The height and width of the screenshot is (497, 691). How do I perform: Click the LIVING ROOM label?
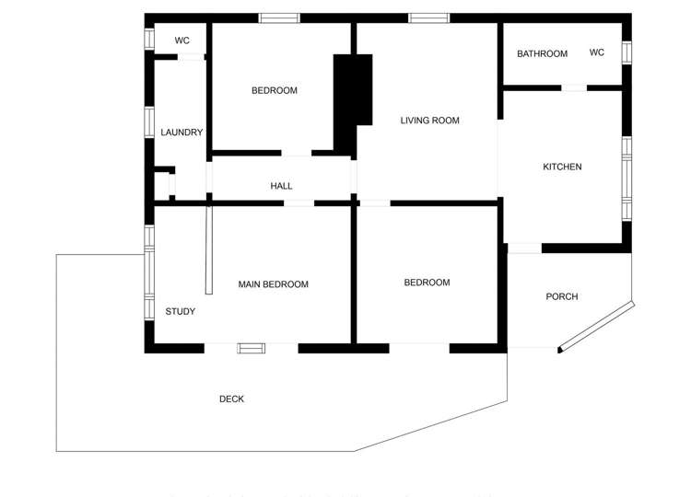pos(429,121)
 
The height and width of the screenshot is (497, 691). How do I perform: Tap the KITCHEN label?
pos(562,167)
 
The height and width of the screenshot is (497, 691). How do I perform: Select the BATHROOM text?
pos(542,53)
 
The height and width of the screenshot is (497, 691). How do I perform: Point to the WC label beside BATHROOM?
pos(597,52)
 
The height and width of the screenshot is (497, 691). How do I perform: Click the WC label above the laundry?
pos(182,40)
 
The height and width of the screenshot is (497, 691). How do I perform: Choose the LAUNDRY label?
pos(182,133)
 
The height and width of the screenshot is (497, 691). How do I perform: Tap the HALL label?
pos(281,186)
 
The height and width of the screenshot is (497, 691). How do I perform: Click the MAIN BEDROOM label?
pos(273,284)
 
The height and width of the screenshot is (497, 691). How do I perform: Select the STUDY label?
pos(181,311)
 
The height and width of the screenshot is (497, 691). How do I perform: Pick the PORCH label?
pos(562,296)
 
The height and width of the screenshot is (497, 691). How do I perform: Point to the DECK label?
pos(231,399)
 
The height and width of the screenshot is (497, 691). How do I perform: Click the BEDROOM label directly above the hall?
pos(275,90)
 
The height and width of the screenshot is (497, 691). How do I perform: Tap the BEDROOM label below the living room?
pos(427,283)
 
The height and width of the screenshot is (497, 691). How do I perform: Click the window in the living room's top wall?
pos(428,17)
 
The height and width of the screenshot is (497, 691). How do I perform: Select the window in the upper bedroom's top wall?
pos(278,17)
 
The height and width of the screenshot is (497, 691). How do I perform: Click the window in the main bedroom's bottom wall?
pos(251,348)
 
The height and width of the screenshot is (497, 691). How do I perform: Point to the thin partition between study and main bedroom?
pos(209,249)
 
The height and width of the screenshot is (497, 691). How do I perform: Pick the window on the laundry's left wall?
pos(148,122)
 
